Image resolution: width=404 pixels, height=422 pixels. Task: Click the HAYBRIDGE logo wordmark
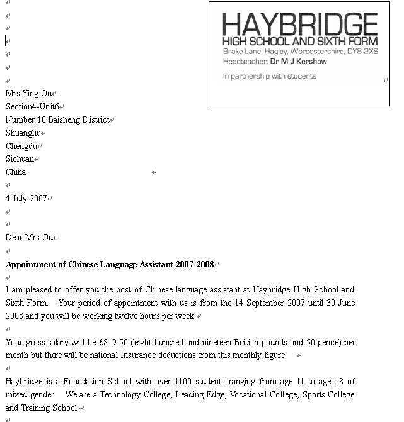click(x=299, y=25)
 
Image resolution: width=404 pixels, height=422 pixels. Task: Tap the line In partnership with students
click(x=269, y=76)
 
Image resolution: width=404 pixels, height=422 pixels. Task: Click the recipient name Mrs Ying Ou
click(x=28, y=94)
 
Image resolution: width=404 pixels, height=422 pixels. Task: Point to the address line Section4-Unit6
click(x=32, y=107)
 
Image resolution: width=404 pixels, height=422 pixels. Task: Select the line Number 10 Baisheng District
click(x=57, y=120)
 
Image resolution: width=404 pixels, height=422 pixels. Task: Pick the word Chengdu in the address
click(x=21, y=147)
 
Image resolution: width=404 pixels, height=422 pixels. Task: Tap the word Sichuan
click(x=20, y=159)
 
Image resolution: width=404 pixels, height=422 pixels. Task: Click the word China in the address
click(x=16, y=172)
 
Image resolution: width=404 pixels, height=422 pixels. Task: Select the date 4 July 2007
click(x=26, y=198)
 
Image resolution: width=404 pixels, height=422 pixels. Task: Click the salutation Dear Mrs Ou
click(x=30, y=238)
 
